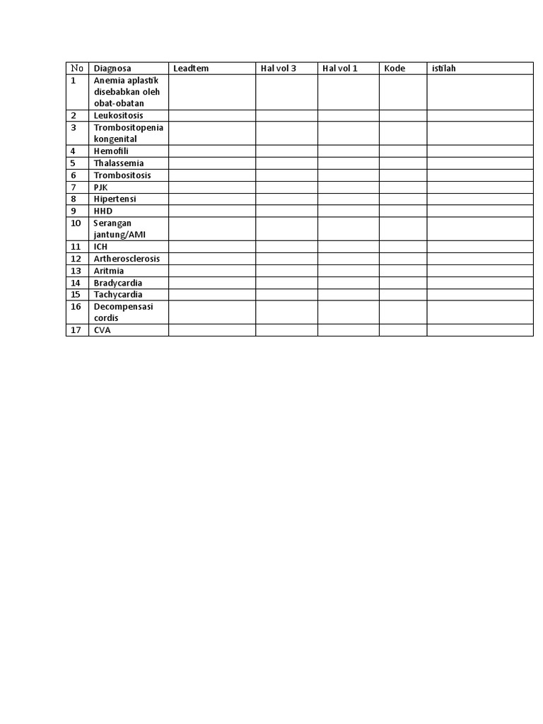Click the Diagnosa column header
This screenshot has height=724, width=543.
(x=112, y=69)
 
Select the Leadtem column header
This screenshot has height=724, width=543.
(x=191, y=69)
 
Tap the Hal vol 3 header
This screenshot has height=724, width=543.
(x=279, y=69)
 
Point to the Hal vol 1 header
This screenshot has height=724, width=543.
(x=340, y=69)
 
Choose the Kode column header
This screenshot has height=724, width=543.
(x=395, y=69)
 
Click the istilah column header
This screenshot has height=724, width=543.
(x=444, y=69)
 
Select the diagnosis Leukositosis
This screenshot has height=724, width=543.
(x=118, y=115)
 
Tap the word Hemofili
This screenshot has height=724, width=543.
(x=111, y=151)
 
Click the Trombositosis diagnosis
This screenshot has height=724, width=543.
(x=122, y=175)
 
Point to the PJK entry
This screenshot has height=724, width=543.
(x=100, y=187)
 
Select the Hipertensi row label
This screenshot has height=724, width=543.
(x=115, y=199)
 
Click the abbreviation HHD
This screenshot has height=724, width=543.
(x=103, y=211)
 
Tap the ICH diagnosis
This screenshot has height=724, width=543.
(x=100, y=247)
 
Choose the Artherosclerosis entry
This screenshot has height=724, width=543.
(x=127, y=259)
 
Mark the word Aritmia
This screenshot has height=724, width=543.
(x=109, y=271)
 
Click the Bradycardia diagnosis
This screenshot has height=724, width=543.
(x=118, y=283)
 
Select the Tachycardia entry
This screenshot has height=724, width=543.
(x=118, y=295)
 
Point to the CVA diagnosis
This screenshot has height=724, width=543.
(x=103, y=330)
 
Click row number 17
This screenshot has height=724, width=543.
(x=76, y=330)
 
